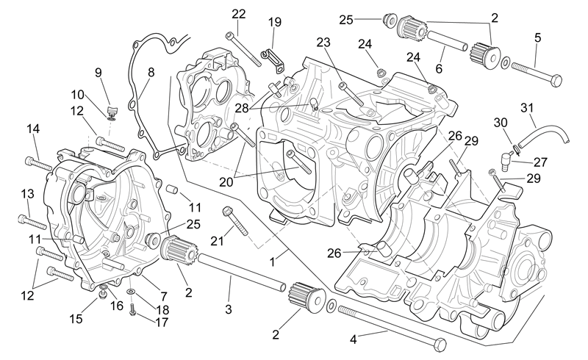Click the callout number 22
(x=238, y=14)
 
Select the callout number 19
(x=274, y=22)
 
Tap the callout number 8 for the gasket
(x=151, y=73)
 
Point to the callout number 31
(x=527, y=108)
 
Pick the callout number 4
(x=354, y=339)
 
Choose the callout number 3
(x=229, y=309)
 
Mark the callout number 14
(x=33, y=129)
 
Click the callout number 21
(x=217, y=241)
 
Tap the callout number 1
(x=273, y=262)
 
